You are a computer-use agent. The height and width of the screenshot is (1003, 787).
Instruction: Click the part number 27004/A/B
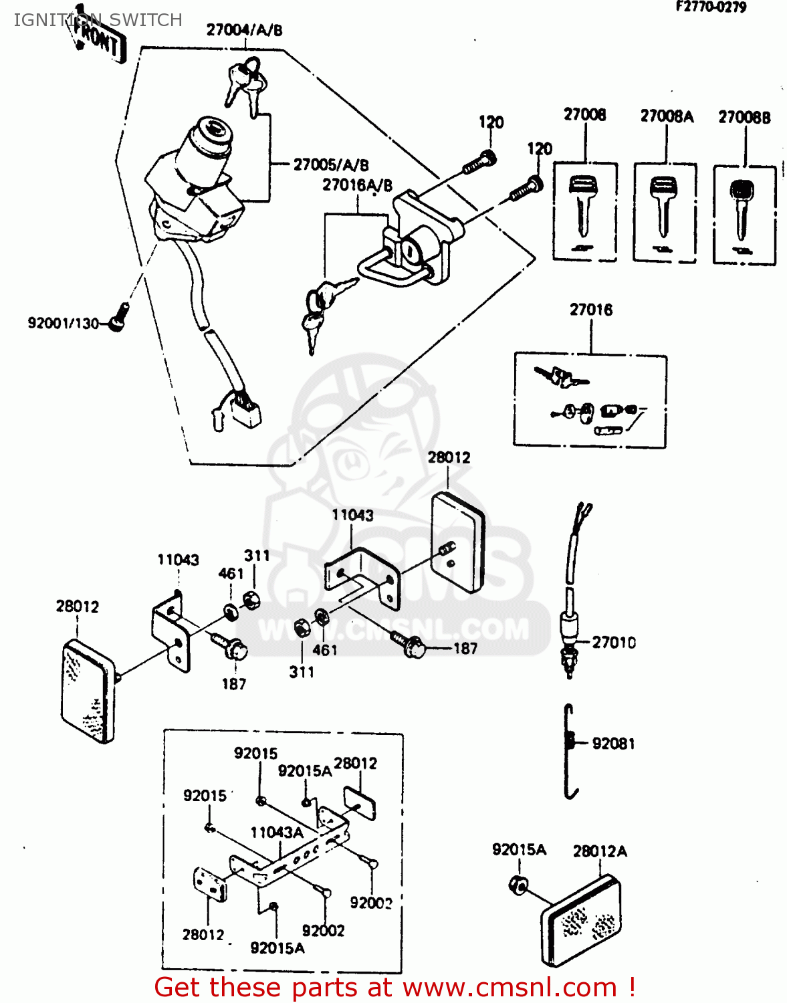tap(244, 30)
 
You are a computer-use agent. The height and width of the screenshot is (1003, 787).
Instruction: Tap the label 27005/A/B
tap(331, 164)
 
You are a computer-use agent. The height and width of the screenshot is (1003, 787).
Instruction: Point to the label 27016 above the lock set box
tap(591, 310)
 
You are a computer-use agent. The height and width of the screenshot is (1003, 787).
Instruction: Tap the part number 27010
tap(614, 643)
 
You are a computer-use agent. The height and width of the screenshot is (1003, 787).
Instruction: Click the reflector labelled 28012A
tap(580, 919)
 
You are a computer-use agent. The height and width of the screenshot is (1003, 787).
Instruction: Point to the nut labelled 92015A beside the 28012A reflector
tap(517, 885)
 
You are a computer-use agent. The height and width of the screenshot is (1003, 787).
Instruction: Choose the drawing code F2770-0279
tap(711, 7)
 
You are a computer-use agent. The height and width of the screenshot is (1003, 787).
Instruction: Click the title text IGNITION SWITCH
tap(98, 20)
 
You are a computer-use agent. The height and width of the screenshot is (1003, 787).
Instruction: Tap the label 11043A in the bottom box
tap(277, 832)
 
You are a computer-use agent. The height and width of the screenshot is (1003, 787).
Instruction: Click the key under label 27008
tap(582, 204)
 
